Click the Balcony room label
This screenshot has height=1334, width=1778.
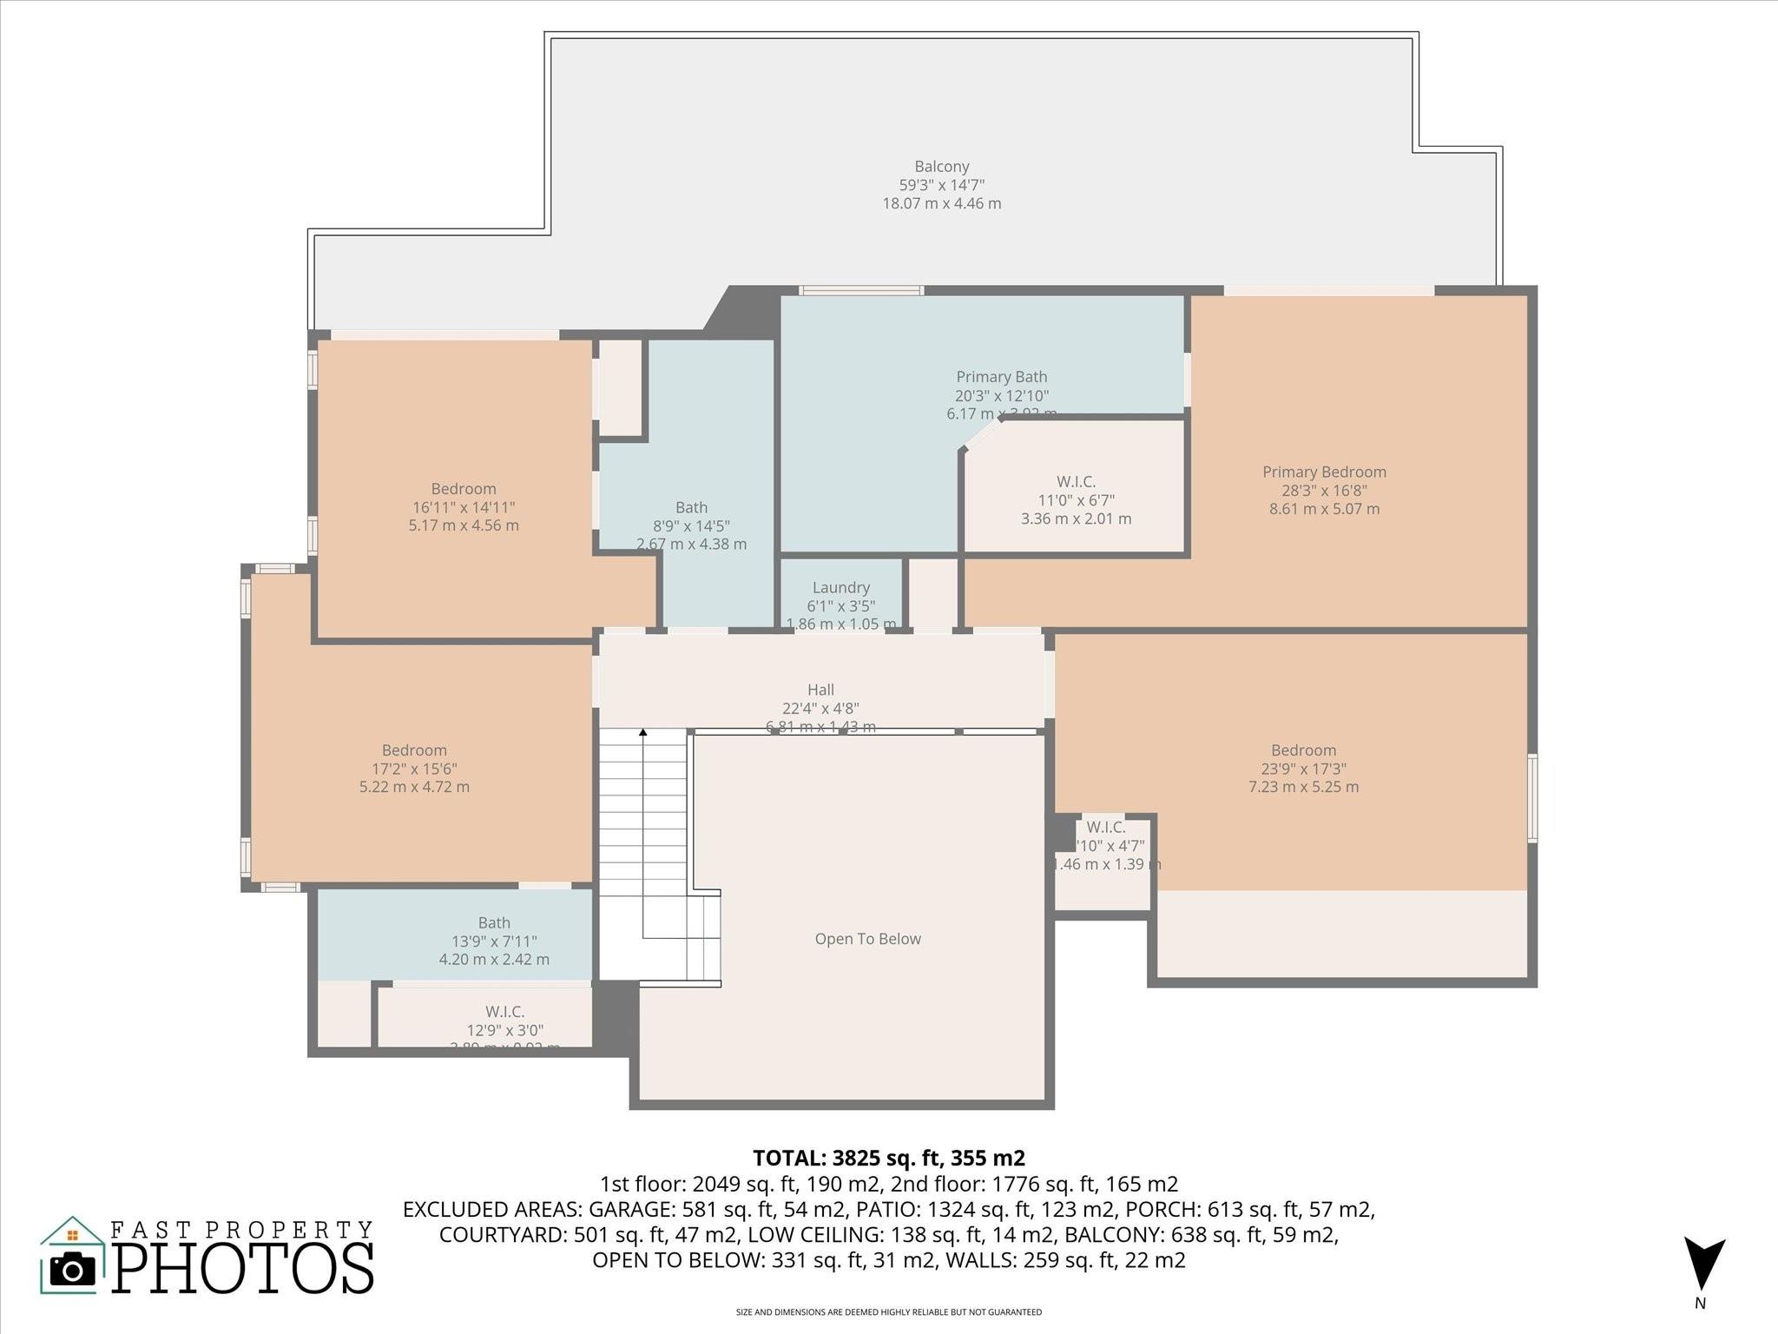(941, 167)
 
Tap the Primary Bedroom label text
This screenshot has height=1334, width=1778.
(1324, 472)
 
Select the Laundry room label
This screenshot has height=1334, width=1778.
(840, 588)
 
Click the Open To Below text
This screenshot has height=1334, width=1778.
(867, 939)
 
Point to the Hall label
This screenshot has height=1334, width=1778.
(820, 690)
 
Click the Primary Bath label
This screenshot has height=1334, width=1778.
(1001, 377)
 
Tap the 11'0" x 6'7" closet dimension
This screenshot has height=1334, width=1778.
(1076, 500)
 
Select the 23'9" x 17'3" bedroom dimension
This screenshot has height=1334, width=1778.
(1303, 769)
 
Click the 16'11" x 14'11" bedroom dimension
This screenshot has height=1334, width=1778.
(464, 507)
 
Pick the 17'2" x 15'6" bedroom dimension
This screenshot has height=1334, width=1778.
(414, 769)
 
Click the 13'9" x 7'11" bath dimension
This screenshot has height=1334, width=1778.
(494, 941)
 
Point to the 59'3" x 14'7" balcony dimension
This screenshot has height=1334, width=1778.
(941, 185)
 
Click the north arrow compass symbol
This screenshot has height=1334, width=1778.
(1703, 1265)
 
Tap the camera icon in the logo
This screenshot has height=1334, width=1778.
(73, 1270)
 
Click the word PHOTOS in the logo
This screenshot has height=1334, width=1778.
(243, 1268)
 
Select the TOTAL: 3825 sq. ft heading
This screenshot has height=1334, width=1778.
(888, 1158)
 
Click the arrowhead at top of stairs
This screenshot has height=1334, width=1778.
(643, 733)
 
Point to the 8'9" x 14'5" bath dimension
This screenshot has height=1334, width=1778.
(691, 525)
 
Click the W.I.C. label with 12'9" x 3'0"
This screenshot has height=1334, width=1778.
(504, 1012)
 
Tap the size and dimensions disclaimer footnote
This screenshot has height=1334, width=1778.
(888, 1312)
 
